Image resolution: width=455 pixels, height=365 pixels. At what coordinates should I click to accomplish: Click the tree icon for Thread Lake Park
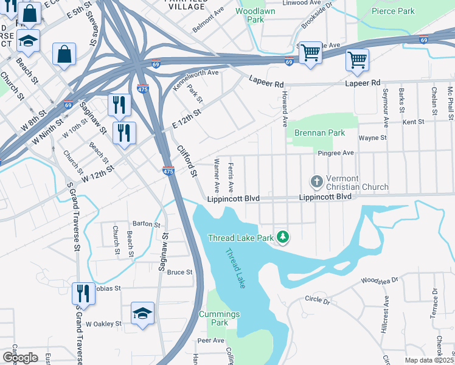tap(282, 237)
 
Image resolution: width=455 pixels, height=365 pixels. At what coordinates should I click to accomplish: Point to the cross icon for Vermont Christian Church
tap(316, 182)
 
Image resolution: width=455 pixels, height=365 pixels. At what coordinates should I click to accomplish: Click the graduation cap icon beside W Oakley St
tap(142, 313)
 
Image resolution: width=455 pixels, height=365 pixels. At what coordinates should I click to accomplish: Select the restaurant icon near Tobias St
tap(83, 294)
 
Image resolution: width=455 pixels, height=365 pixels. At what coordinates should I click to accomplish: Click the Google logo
tap(19, 357)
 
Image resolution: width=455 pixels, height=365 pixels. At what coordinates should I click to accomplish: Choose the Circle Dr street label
tap(317, 301)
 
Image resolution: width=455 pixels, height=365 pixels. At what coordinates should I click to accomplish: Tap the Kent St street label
tap(413, 122)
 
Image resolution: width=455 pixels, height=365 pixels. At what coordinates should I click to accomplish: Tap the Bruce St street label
tap(180, 272)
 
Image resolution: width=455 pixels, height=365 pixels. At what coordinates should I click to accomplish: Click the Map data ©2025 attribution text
tap(429, 360)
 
